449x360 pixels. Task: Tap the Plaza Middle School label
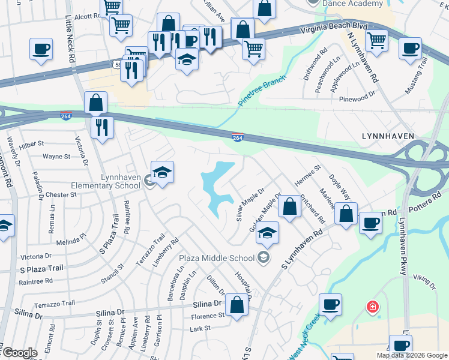(x=217, y=258)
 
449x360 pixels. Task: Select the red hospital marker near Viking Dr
(x=373, y=308)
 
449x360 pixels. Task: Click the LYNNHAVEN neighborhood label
(x=388, y=136)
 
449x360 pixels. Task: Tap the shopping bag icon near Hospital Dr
(x=238, y=305)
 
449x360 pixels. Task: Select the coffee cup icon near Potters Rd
(x=370, y=223)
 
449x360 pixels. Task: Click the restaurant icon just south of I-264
(x=102, y=127)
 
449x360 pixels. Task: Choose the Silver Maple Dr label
(x=250, y=205)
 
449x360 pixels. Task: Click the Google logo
(x=19, y=353)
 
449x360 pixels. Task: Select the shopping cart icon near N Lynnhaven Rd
(x=376, y=41)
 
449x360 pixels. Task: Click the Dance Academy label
(x=352, y=4)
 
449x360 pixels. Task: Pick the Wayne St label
(x=56, y=157)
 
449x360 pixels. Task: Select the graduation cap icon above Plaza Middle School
(x=268, y=233)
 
